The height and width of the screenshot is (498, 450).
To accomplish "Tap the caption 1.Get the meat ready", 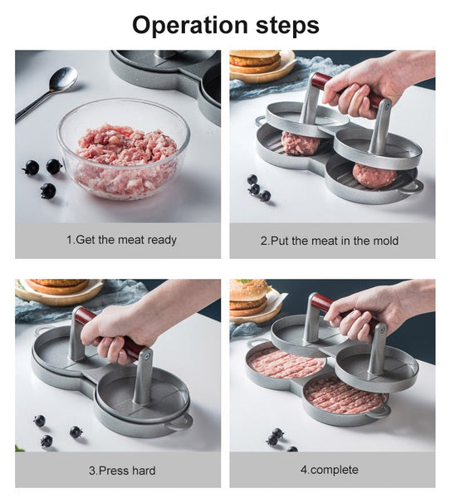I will pos(121,240).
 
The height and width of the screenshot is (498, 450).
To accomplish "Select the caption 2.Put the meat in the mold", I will pos(329,241).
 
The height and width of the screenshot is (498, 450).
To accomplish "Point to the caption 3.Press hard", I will pos(121,470).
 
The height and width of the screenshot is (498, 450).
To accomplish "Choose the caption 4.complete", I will pos(329,470).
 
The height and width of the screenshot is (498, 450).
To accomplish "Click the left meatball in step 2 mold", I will pos(300,143).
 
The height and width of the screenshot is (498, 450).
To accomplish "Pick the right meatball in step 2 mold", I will pos(374,174).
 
